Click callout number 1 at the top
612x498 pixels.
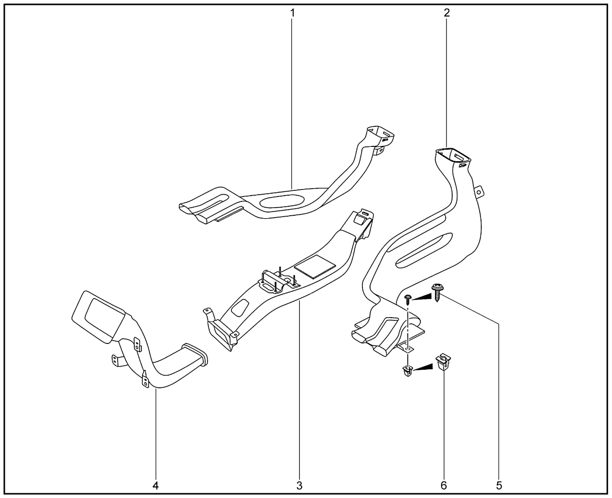tap(292, 13)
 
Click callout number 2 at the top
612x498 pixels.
tap(447, 13)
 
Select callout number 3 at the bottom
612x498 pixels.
tap(299, 486)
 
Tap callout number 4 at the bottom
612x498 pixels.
tap(155, 486)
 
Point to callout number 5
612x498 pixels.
tap(499, 486)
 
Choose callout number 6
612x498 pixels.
tap(444, 486)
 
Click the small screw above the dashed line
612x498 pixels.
tap(408, 300)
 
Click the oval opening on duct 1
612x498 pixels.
tap(281, 201)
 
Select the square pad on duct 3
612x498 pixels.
tap(315, 266)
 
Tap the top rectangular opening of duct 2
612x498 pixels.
tap(453, 156)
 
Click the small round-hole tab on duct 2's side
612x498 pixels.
tap(479, 191)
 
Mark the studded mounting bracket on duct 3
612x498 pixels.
tap(279, 283)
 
